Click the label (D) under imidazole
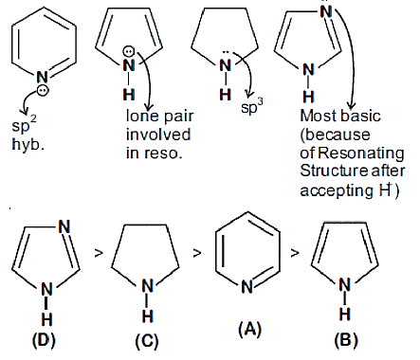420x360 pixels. pyautogui.click(x=44, y=341)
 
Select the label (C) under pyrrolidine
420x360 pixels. pyautogui.click(x=147, y=342)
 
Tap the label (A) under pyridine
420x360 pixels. pyautogui.click(x=250, y=330)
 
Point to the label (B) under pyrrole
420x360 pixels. pyautogui.click(x=346, y=341)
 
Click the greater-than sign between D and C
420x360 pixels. pyautogui.click(x=99, y=253)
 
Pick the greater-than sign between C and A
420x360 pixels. pyautogui.click(x=197, y=252)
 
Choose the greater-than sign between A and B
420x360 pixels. pyautogui.click(x=295, y=253)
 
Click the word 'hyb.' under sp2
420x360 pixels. pyautogui.click(x=27, y=145)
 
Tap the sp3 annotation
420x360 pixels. pyautogui.click(x=252, y=106)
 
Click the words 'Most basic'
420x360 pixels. pyautogui.click(x=340, y=117)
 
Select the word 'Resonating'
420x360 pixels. pyautogui.click(x=361, y=153)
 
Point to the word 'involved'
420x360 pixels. pyautogui.click(x=158, y=135)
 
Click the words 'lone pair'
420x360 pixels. pyautogui.click(x=159, y=117)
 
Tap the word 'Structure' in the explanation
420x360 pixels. pyautogui.click(x=334, y=171)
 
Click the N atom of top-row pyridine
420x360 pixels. pyautogui.click(x=42, y=78)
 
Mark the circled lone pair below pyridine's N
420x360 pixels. pyautogui.click(x=43, y=91)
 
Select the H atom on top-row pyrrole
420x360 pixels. pyautogui.click(x=129, y=95)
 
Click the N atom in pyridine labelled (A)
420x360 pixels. pyautogui.click(x=247, y=287)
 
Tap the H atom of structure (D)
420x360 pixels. pyautogui.click(x=46, y=319)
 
